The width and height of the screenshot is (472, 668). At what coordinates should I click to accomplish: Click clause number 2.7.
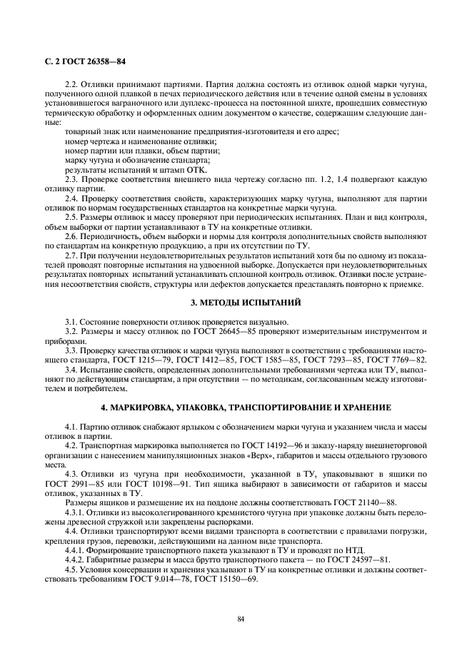click(71, 255)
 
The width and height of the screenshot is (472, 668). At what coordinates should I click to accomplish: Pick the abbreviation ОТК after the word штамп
click(164, 171)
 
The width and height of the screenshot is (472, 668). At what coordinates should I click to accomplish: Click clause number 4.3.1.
click(76, 512)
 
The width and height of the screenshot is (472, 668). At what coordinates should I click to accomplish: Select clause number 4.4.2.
click(76, 558)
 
